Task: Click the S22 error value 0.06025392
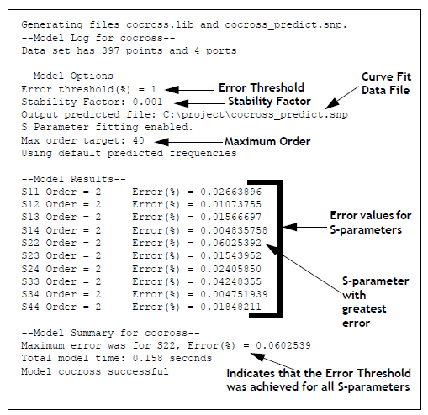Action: pos(231,243)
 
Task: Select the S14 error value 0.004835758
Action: pos(234,230)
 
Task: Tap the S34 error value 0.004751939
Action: pos(234,294)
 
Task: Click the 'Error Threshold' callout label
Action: pos(262,87)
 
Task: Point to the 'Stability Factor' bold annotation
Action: pos(269,101)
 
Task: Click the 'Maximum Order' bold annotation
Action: pos(267,141)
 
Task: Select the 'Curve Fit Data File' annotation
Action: pos(386,83)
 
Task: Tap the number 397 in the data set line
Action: pos(111,50)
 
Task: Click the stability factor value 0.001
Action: pos(147,102)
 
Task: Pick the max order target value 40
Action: pos(139,140)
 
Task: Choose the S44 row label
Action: pos(30,307)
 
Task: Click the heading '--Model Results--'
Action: pos(73,179)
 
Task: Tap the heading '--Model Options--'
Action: pos(73,76)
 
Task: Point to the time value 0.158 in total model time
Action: pos(147,358)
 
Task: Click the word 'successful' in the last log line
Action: pos(138,371)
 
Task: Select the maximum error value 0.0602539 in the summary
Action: pos(283,345)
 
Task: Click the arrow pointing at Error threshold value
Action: pos(190,90)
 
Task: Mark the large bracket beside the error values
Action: pos(279,249)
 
